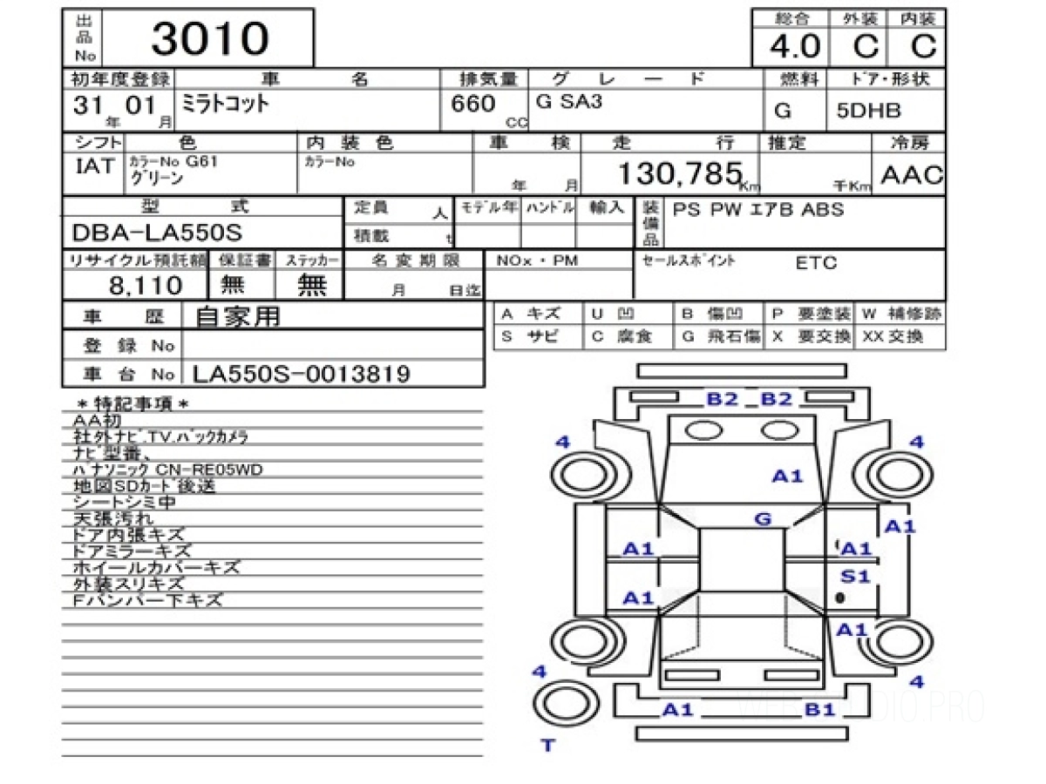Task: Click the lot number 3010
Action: (x=210, y=39)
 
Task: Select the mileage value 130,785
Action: (x=679, y=175)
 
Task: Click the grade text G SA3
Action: (x=569, y=101)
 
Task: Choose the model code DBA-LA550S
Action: (x=157, y=233)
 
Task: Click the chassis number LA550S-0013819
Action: (x=301, y=375)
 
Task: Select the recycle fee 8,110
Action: (x=146, y=285)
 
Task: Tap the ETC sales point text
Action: (x=816, y=264)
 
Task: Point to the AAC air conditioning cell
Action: (x=912, y=175)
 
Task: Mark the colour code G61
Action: (x=200, y=161)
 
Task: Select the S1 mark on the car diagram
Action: (x=855, y=576)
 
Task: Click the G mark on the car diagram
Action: (x=763, y=520)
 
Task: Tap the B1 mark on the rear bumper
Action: (x=820, y=710)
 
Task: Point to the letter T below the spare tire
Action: (x=547, y=745)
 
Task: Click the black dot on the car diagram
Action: (x=840, y=598)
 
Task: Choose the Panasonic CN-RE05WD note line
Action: (x=167, y=470)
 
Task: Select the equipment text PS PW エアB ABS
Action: (x=756, y=210)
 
